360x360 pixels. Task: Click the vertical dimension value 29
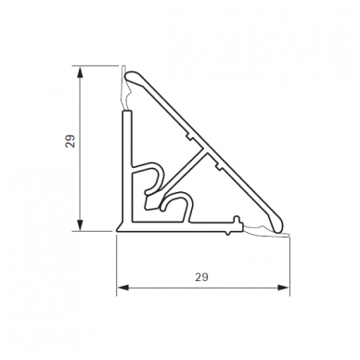[71, 142]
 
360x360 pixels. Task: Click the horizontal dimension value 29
[201, 277]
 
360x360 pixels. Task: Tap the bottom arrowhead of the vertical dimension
[80, 225]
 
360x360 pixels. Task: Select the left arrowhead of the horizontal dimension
[123, 288]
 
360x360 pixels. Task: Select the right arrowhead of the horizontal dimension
[283, 288]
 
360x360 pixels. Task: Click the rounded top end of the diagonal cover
[132, 77]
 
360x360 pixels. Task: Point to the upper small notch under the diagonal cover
[188, 136]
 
